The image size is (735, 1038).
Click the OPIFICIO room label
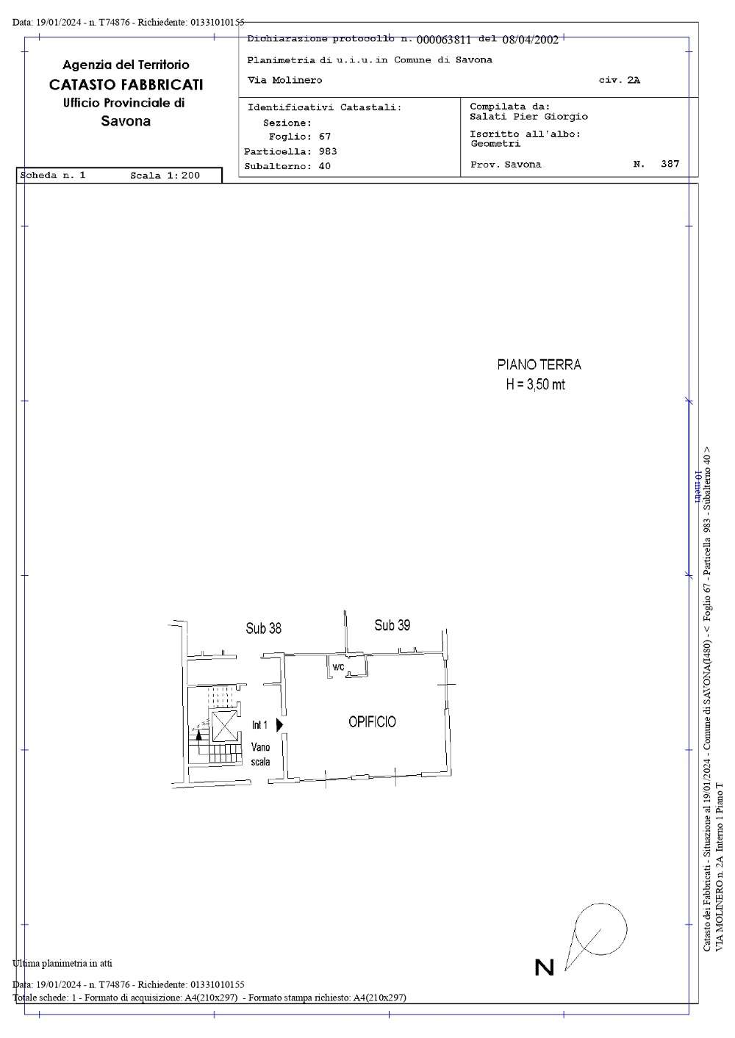click(x=372, y=721)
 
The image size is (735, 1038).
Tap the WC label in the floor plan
click(x=339, y=667)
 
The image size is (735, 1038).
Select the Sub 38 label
click(x=263, y=628)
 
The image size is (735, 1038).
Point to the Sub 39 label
click(x=392, y=625)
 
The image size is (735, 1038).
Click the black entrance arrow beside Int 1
click(x=279, y=725)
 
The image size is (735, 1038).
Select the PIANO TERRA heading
click(x=539, y=364)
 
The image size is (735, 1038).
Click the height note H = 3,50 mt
click(x=536, y=385)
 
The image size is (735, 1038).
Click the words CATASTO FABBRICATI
click(x=126, y=84)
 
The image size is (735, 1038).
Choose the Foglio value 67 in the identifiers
click(x=325, y=137)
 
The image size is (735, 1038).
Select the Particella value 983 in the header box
click(x=328, y=151)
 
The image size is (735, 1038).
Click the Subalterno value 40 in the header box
click(x=325, y=166)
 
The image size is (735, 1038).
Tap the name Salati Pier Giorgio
click(x=528, y=117)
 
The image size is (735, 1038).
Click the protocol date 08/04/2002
click(x=531, y=40)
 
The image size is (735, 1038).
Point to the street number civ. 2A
click(x=619, y=80)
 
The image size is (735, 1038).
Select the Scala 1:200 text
click(x=165, y=176)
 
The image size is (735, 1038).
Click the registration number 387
click(x=670, y=164)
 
